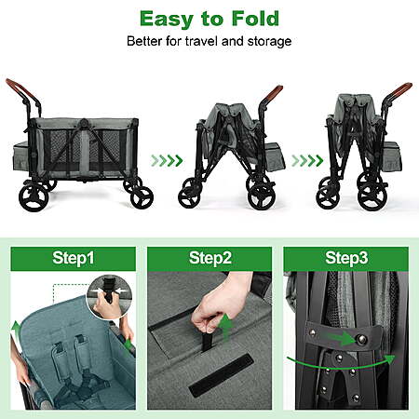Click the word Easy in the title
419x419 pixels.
(x=167, y=20)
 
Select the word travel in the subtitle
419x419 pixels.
(x=202, y=41)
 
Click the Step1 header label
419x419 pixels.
(x=74, y=258)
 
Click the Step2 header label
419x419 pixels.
(x=210, y=258)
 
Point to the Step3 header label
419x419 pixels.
(x=346, y=258)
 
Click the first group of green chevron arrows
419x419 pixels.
(x=167, y=161)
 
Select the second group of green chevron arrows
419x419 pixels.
(x=307, y=161)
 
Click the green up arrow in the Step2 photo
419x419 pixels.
(x=226, y=327)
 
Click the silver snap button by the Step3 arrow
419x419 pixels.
(x=361, y=339)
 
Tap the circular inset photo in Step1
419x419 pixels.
(x=109, y=296)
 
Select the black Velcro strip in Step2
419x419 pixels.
(x=222, y=375)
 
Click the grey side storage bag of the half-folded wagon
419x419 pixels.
(x=276, y=156)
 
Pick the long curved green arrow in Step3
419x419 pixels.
(x=341, y=363)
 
